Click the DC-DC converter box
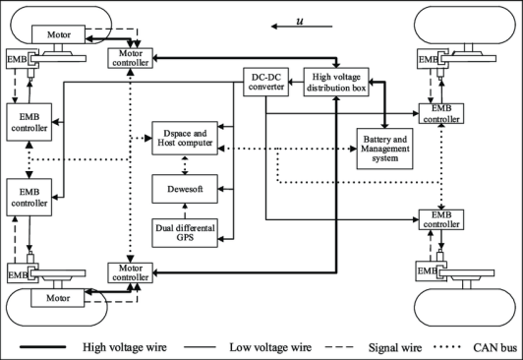(x=265, y=82)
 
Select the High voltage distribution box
(x=336, y=82)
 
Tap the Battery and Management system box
(x=384, y=149)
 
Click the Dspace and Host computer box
(x=185, y=138)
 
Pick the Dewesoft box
(x=185, y=189)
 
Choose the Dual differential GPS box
(x=185, y=233)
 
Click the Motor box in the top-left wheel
(x=58, y=34)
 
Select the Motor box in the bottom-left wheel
(x=58, y=298)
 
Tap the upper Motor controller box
(x=130, y=58)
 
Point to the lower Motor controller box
(x=130, y=272)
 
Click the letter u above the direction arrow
(x=300, y=21)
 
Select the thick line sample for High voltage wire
(x=42, y=347)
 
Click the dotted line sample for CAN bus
(x=447, y=347)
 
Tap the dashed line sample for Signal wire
(x=339, y=347)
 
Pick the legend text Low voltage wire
(x=270, y=347)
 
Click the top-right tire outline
(x=465, y=7)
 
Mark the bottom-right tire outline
(x=465, y=326)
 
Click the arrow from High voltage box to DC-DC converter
(x=296, y=82)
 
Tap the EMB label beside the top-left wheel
(x=17, y=59)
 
